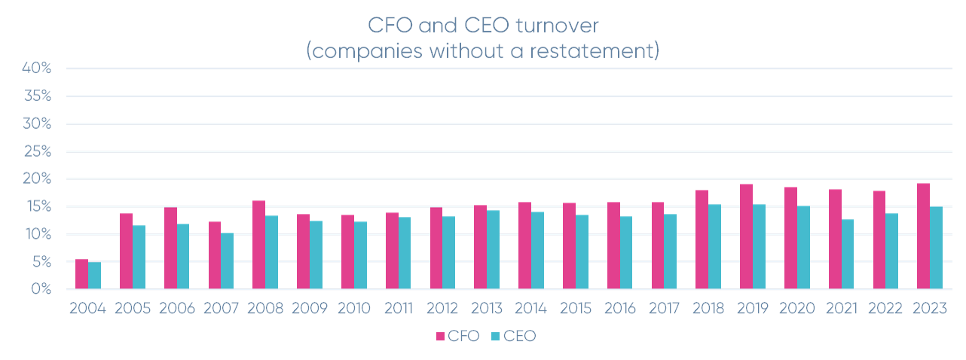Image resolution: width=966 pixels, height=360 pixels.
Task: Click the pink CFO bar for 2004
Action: point(81,274)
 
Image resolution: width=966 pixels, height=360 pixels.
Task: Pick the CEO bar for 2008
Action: point(272,252)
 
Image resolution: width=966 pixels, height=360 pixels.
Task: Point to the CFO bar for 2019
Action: point(746,236)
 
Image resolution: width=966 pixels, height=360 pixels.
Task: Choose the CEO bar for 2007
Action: point(228,261)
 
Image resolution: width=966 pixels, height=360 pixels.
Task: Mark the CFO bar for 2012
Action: point(436,249)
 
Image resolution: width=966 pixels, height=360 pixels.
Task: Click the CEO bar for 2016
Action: point(626,252)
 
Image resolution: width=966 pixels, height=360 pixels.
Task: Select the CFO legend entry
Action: point(457,337)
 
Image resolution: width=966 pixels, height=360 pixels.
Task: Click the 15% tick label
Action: point(38,207)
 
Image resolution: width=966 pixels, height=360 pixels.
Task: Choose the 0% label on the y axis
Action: point(41,290)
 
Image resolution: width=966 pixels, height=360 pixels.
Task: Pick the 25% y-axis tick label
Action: point(37,151)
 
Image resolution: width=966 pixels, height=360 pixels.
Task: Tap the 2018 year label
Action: point(708,309)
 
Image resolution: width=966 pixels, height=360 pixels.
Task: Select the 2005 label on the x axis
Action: point(133,309)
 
